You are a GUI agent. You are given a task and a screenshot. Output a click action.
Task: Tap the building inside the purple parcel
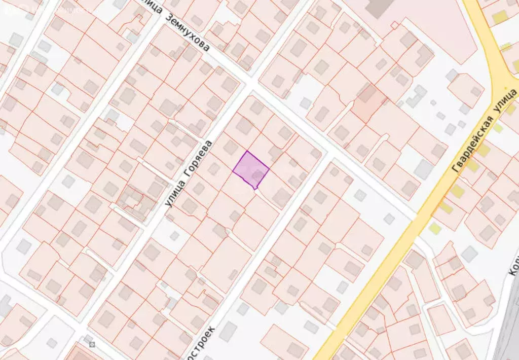point(258,176)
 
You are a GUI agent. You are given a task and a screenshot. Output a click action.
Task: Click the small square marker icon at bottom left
point(92,344)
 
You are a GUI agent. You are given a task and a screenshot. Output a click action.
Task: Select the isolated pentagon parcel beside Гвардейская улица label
point(465,90)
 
